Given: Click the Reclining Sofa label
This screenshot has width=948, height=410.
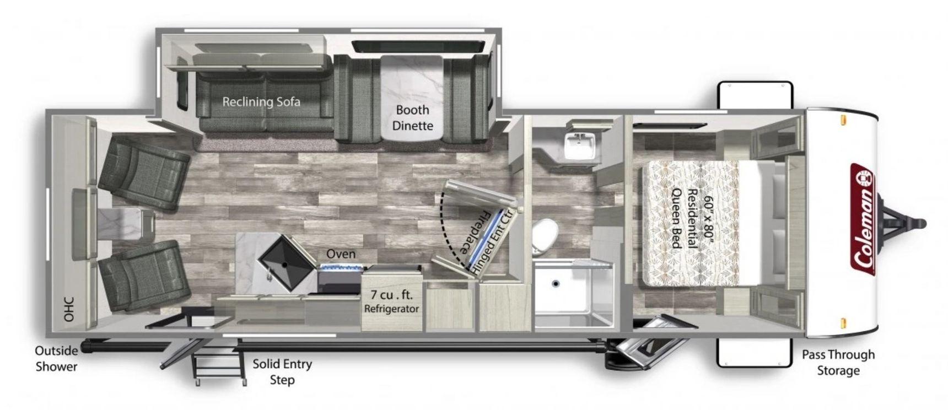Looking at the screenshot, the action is click(261, 101).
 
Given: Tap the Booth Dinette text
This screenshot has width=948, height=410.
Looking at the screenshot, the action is click(413, 117).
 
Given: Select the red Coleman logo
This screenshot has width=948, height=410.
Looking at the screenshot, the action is click(863, 218).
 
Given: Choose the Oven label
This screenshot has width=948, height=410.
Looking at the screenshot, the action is click(341, 254).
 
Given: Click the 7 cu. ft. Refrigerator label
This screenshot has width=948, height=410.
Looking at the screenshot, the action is click(392, 301).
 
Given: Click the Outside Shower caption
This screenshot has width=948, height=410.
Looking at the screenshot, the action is click(56, 358).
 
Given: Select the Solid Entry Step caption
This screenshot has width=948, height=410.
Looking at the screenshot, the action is click(282, 371).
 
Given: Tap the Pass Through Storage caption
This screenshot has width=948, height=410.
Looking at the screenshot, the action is click(838, 363).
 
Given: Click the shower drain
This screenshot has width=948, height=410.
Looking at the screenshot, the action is click(556, 284).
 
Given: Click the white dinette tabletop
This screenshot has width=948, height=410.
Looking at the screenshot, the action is click(412, 96).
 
